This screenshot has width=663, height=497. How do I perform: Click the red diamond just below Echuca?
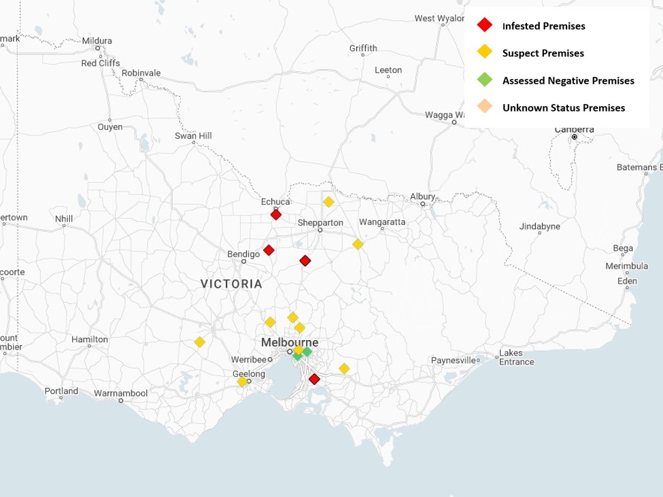click(x=276, y=215)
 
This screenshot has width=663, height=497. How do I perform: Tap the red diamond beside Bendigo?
click(x=269, y=250)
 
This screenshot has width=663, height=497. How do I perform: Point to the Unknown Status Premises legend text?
click(x=563, y=107)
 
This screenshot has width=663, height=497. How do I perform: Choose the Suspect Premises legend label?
click(x=543, y=53)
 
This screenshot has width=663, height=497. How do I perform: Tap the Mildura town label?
click(x=97, y=40)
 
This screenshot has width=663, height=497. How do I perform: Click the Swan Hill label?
click(x=193, y=136)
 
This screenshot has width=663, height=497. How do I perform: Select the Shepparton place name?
click(x=320, y=222)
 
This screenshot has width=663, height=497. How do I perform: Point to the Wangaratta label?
click(x=382, y=222)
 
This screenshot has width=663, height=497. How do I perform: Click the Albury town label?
click(x=422, y=196)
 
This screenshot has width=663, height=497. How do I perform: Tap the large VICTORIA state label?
click(x=231, y=284)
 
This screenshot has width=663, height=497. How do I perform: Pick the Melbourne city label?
click(x=290, y=342)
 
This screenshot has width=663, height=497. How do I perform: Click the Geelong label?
click(x=248, y=374)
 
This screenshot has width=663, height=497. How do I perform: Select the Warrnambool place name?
click(x=120, y=393)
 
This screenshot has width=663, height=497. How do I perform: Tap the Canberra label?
click(x=574, y=129)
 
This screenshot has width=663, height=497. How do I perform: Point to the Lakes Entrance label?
click(x=516, y=358)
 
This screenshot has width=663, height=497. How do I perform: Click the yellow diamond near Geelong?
click(x=242, y=382)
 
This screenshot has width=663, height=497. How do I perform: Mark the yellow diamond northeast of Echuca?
click(x=328, y=202)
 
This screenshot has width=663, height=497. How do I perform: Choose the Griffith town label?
click(x=363, y=48)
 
